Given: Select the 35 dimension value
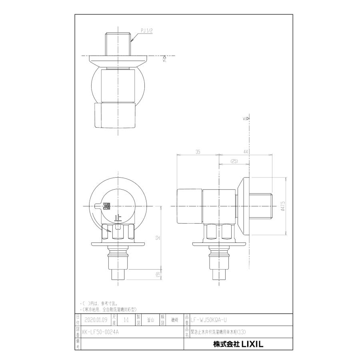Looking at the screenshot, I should coord(198,152).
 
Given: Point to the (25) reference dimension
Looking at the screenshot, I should coord(234,161).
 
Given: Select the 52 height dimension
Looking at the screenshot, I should coord(158,238).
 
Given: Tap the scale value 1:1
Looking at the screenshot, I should coord(126,320).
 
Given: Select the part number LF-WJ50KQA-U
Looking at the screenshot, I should coord(211,320).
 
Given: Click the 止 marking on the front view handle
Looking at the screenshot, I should coord(118,218).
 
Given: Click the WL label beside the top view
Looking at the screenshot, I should coord(164,59).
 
